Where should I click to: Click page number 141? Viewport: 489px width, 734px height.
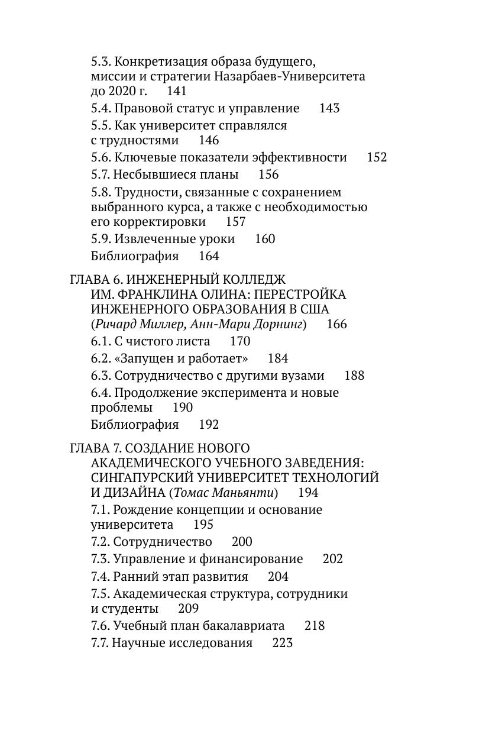pyautogui.click(x=177, y=91)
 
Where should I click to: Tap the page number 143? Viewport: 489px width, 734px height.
pyautogui.click(x=329, y=108)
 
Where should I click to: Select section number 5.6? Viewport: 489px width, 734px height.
pyautogui.click(x=101, y=157)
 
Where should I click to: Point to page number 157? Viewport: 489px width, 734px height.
pyautogui.click(x=236, y=222)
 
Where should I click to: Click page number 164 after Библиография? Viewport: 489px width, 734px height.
pyautogui.click(x=209, y=256)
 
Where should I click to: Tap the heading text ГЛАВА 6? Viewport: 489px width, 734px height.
pyautogui.click(x=95, y=279)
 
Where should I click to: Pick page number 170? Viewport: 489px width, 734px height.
pyautogui.click(x=240, y=341)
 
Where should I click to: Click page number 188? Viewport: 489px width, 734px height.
pyautogui.click(x=354, y=376)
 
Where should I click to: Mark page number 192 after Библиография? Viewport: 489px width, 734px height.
pyautogui.click(x=209, y=425)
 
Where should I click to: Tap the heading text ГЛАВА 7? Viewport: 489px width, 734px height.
pyautogui.click(x=95, y=448)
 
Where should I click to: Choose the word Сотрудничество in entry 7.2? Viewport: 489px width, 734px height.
pyautogui.click(x=163, y=542)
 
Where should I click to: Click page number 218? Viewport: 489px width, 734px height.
pyautogui.click(x=315, y=626)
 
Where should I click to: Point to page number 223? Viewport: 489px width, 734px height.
pyautogui.click(x=283, y=643)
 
